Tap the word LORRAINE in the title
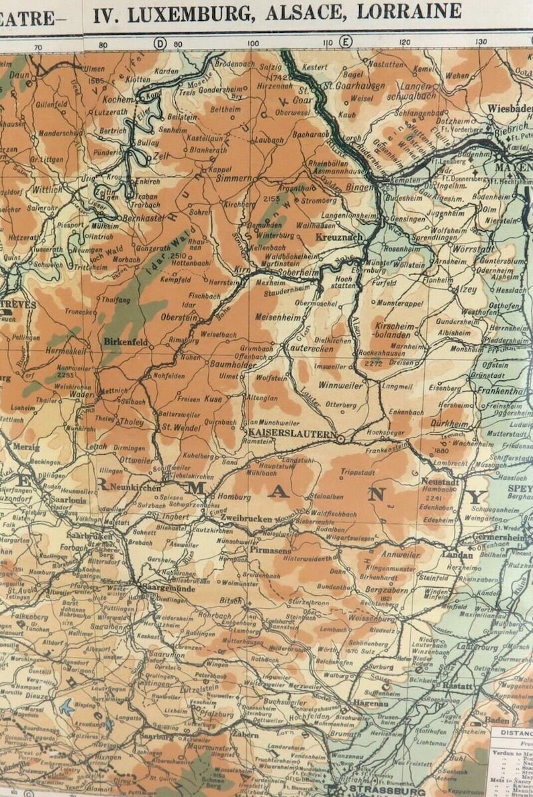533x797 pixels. [409, 11]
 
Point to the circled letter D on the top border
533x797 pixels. [160, 44]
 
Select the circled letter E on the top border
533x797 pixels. [346, 42]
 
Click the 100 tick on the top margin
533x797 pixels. [252, 44]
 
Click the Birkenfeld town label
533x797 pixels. [126, 341]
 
